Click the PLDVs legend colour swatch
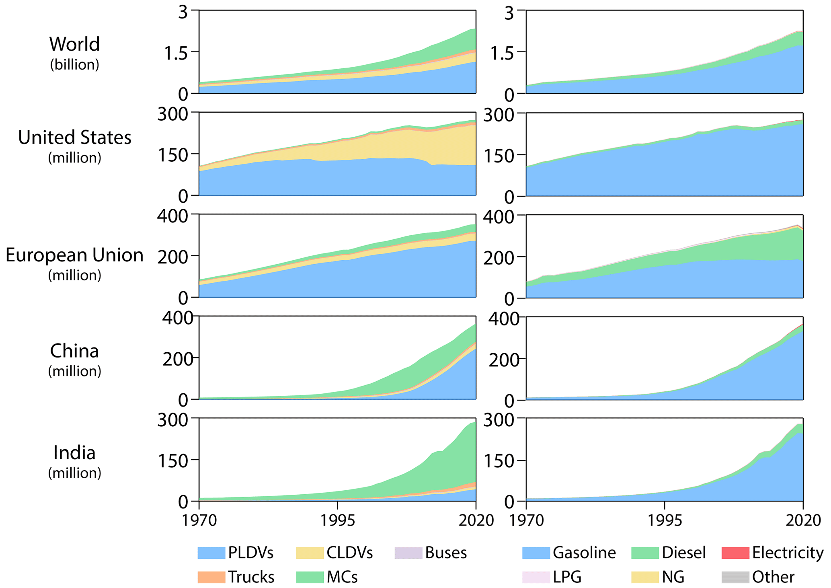pos(211,553)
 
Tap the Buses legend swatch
pos(408,553)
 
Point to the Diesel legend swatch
pos(645,553)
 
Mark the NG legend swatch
pos(645,577)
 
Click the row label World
pos(74,44)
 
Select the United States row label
pos(74,138)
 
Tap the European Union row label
pos(74,255)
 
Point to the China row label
pos(74,351)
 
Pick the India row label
pos(74,453)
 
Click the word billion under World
pos(74,65)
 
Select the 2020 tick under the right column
pos(803,520)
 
